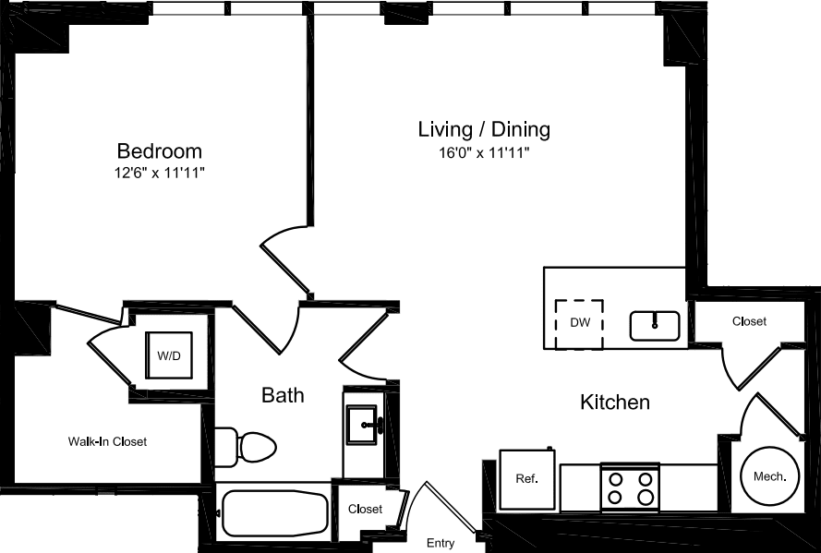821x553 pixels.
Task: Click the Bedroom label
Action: (x=159, y=150)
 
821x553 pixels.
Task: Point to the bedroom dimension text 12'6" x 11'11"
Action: (x=160, y=172)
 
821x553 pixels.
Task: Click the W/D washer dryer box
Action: (x=169, y=355)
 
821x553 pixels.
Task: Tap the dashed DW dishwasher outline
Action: (x=579, y=323)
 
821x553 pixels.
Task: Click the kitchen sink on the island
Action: (x=655, y=325)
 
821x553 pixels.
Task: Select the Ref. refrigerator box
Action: (x=526, y=479)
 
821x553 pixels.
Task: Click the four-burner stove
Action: (x=630, y=487)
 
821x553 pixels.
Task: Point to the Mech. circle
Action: (x=769, y=476)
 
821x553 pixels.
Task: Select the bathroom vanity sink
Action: (x=362, y=426)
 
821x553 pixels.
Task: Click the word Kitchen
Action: (x=615, y=403)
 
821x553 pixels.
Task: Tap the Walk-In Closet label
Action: (x=107, y=442)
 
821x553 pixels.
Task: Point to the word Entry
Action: (x=441, y=544)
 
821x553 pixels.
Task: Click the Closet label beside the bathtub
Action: (x=366, y=510)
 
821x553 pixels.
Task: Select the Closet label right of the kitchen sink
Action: (x=749, y=321)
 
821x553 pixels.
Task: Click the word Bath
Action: (x=283, y=396)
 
